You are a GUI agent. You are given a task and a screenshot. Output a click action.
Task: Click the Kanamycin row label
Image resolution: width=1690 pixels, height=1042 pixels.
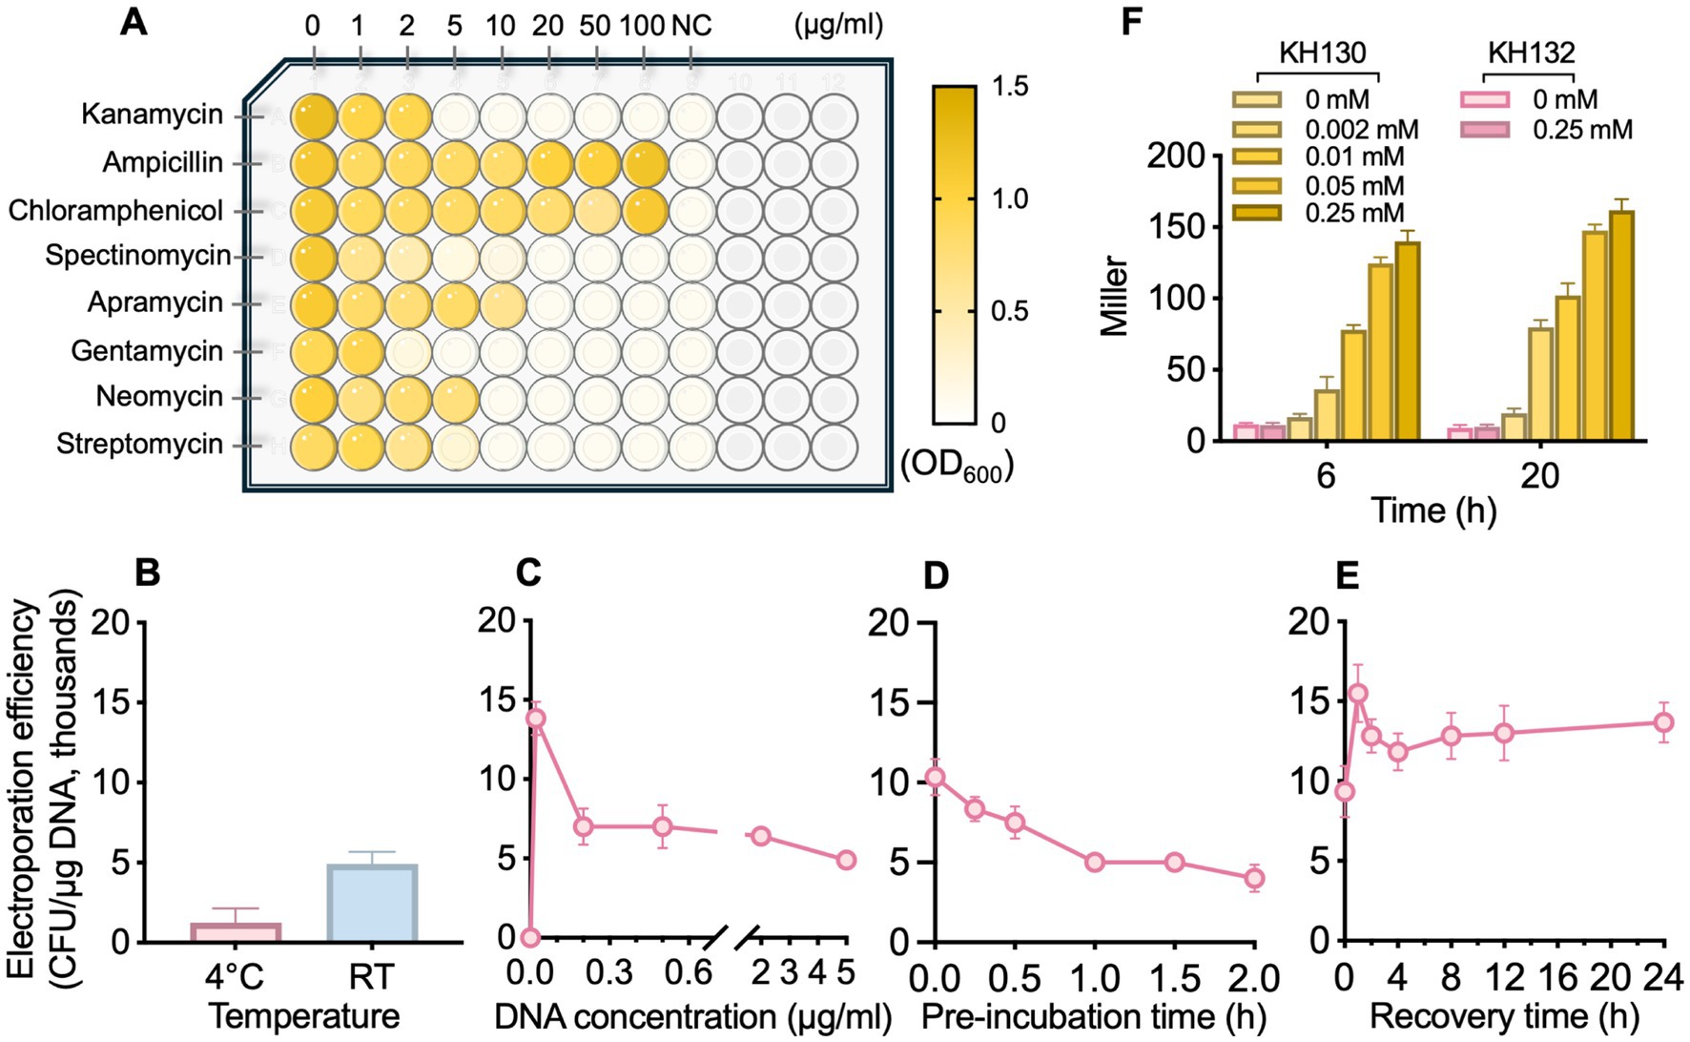(152, 115)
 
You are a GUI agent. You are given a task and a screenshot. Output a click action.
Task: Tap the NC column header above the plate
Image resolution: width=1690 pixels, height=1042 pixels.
(691, 27)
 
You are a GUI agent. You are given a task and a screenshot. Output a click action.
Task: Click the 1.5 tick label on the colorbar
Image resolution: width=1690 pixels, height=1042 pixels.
(1010, 87)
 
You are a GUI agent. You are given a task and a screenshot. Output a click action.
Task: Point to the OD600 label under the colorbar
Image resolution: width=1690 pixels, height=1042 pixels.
(957, 466)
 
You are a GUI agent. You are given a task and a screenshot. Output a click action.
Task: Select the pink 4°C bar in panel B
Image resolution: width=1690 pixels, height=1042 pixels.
(236, 932)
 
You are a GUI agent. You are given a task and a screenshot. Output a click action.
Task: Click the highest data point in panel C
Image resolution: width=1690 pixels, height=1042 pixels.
(536, 718)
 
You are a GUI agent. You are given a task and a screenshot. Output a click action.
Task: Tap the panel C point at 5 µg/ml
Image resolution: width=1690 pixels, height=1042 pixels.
(846, 860)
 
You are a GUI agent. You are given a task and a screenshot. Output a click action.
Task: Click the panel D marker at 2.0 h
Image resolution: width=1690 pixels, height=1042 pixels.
(1255, 877)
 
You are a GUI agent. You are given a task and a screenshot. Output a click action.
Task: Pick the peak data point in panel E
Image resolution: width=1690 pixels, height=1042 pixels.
(1358, 694)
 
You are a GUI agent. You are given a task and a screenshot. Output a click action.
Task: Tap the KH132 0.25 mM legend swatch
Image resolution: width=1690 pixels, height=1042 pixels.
(1485, 129)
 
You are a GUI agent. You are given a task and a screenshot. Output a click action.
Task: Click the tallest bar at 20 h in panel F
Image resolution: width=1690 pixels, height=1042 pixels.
(1620, 325)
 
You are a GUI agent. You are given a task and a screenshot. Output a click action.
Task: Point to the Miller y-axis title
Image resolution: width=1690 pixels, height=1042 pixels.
(1113, 296)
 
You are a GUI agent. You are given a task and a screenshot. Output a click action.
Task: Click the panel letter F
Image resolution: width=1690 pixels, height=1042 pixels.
(1130, 21)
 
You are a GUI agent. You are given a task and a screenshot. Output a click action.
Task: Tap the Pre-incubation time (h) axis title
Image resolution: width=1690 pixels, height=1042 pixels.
(1093, 1017)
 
